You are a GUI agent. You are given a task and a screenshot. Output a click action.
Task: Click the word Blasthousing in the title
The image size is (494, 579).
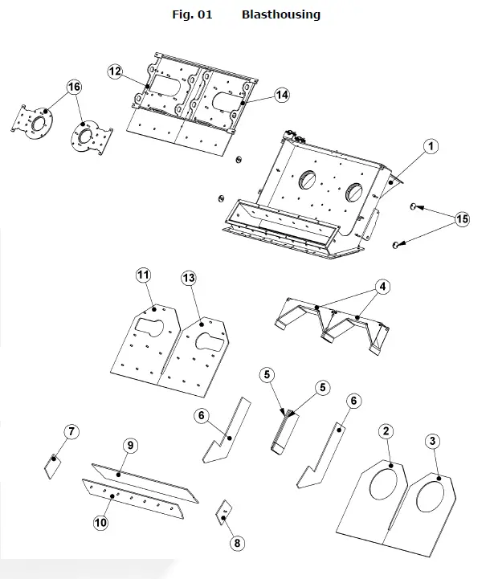(x=280, y=14)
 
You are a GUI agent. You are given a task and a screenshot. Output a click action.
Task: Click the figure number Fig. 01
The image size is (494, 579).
(x=193, y=14)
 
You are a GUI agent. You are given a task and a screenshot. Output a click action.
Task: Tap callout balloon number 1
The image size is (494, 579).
(x=431, y=146)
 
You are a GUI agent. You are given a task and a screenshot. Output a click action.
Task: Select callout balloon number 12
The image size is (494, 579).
(x=116, y=72)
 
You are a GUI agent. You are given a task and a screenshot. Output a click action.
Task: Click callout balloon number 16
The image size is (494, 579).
(x=74, y=87)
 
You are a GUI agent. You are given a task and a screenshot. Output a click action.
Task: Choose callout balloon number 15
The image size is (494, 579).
(x=461, y=218)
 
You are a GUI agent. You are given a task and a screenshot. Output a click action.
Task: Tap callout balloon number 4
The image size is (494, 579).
(x=383, y=285)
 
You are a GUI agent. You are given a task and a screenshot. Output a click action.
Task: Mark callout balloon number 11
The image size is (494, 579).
(x=143, y=276)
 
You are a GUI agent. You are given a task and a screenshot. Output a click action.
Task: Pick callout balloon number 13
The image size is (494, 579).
(x=189, y=278)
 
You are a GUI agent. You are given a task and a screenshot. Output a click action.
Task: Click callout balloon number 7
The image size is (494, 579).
(x=71, y=433)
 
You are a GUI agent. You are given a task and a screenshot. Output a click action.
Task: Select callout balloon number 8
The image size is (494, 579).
(x=236, y=543)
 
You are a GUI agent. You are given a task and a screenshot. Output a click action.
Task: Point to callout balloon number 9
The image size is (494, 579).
(x=129, y=445)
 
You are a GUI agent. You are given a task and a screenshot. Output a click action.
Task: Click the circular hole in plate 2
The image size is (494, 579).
(x=378, y=492)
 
